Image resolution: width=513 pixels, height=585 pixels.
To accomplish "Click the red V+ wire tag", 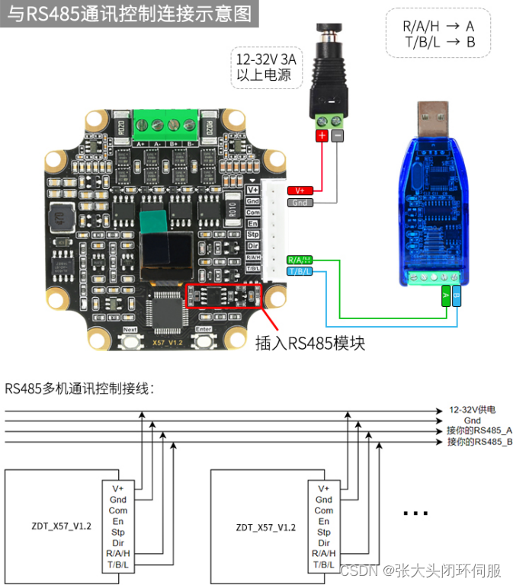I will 297,190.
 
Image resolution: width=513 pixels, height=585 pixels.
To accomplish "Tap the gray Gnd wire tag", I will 299,203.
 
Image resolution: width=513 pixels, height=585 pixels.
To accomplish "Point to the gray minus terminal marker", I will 337,136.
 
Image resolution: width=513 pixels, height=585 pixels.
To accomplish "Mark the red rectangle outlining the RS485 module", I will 224,295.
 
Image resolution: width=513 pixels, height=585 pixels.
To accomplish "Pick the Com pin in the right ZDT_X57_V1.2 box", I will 324,510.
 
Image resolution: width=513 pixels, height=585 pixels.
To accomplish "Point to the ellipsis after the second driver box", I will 415,514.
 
